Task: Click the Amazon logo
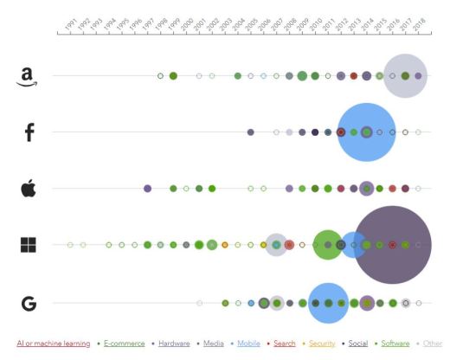pos(28,77)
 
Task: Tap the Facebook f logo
pos(29,132)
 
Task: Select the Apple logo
pos(28,188)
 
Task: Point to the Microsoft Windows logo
pos(29,245)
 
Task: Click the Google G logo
pos(29,303)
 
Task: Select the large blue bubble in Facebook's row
pos(366,132)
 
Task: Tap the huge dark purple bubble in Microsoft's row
pos(392,245)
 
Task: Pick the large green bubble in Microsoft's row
pos(327,245)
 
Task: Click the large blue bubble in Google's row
pos(328,303)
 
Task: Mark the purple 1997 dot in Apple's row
pos(147,188)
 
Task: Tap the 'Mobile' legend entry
pos(248,344)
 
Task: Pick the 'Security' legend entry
pos(322,344)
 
